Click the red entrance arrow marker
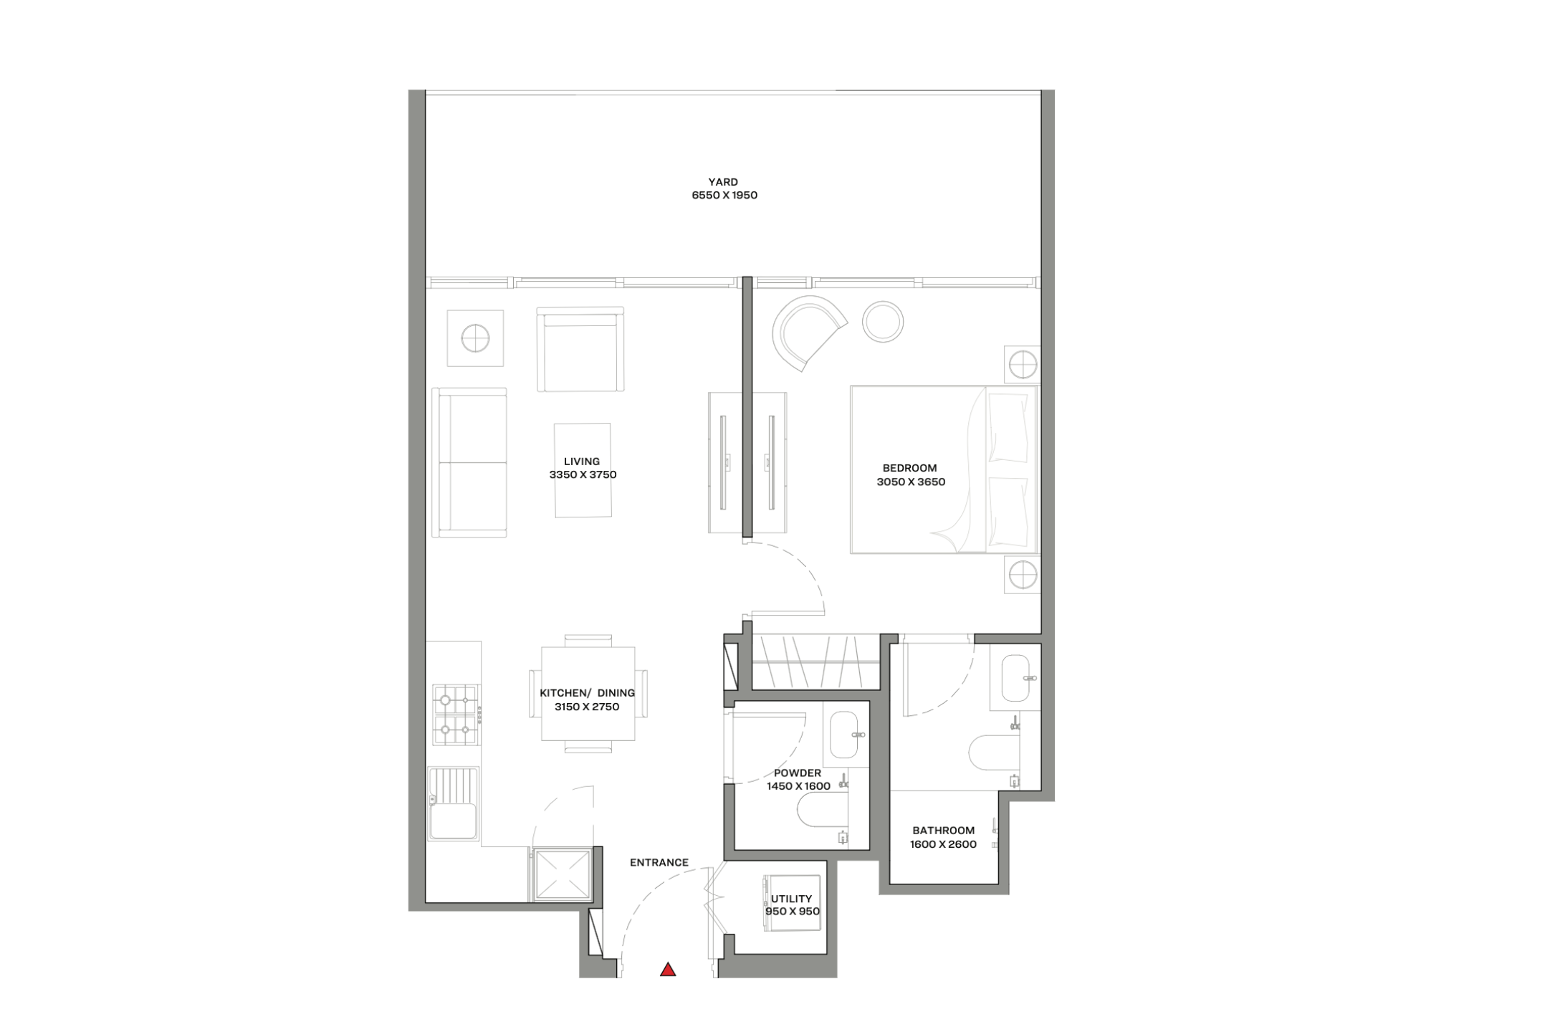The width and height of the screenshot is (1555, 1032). tap(668, 970)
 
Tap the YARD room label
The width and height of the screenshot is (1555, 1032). tap(723, 182)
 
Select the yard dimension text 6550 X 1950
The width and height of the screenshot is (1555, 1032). tap(724, 195)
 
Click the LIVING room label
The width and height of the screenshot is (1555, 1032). tap(582, 462)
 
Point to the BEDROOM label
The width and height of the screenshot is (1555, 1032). tap(910, 468)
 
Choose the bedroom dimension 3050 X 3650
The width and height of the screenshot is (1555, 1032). tap(911, 482)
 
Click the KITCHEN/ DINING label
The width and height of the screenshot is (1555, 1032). tap(587, 693)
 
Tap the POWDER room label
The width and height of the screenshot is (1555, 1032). tap(798, 773)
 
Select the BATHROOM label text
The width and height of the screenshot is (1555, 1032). tap(944, 831)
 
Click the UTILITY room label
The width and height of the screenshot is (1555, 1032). tap(792, 899)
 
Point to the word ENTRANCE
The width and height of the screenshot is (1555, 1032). tap(659, 863)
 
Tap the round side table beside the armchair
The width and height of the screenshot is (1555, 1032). tap(883, 322)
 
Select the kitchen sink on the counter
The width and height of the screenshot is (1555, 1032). tap(454, 803)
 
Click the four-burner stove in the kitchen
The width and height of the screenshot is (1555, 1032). tap(456, 715)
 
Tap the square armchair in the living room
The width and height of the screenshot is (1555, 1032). tap(580, 349)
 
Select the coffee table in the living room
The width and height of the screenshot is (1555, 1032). tap(583, 469)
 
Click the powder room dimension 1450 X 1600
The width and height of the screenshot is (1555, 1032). tap(798, 786)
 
